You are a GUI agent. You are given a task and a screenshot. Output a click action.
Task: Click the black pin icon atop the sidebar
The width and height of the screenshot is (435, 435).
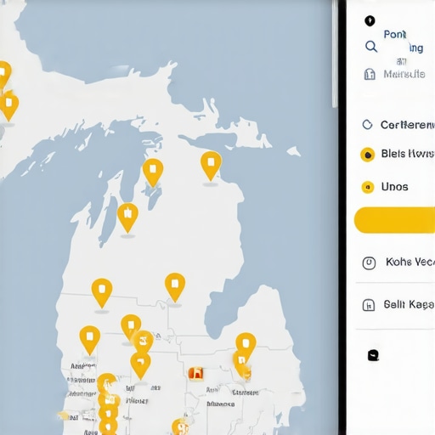369,21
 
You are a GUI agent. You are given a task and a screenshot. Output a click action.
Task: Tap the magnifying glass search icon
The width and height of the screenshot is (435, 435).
370,47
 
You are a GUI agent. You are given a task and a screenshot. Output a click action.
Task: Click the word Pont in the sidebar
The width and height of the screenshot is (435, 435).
395,35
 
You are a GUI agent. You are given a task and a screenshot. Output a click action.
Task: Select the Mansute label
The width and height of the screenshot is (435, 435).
404,74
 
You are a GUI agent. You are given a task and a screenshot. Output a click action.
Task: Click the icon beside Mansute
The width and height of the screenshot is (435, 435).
370,74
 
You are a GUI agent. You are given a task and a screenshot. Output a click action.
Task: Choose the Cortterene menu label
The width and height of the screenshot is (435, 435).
407,125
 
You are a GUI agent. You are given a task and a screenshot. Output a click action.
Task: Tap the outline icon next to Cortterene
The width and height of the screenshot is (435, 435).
368,125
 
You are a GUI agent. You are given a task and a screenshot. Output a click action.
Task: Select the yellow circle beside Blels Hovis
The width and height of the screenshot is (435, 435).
368,155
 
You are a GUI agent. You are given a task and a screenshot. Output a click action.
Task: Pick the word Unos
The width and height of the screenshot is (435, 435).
395,187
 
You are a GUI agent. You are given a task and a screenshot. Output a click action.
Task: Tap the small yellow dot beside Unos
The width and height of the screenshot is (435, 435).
368,187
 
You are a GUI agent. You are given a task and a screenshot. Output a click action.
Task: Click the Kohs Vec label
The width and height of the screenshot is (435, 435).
410,263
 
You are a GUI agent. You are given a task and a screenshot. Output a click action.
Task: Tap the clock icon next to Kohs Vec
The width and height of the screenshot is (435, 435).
369,263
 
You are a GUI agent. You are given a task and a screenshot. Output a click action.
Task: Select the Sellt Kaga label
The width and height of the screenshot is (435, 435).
409,304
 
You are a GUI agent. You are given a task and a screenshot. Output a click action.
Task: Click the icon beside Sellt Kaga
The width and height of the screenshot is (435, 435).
369,305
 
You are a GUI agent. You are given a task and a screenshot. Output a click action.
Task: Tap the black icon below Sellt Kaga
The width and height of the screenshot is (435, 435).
373,355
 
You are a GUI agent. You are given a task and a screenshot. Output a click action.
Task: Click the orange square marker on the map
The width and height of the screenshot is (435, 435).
196,372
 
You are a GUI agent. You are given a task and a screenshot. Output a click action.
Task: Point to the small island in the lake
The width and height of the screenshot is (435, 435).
293,151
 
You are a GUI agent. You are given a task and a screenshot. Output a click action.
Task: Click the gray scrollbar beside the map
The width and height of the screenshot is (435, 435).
334,51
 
